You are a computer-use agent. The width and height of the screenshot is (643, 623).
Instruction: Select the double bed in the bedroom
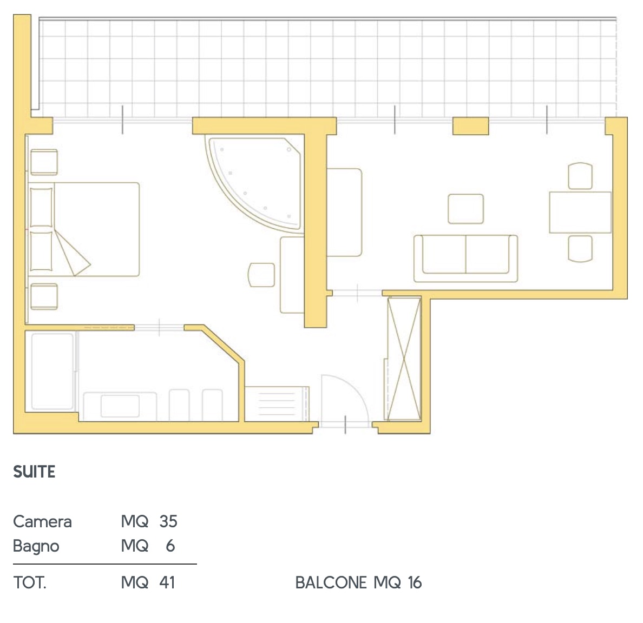pyautogui.click(x=84, y=229)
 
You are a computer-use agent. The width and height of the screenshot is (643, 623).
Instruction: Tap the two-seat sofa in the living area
pyautogui.click(x=465, y=258)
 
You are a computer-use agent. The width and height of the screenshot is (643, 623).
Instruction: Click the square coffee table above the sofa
pyautogui.click(x=465, y=209)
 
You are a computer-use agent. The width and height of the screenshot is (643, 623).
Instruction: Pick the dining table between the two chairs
pyautogui.click(x=580, y=213)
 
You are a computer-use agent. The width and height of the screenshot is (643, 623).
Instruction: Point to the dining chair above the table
pyautogui.click(x=580, y=176)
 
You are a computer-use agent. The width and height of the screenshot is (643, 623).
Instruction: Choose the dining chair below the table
pyautogui.click(x=580, y=248)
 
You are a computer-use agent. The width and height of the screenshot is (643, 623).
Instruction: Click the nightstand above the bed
pyautogui.click(x=44, y=162)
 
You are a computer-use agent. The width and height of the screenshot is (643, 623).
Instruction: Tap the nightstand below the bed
pyautogui.click(x=44, y=296)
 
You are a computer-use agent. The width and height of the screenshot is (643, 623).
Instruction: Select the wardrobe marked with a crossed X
pyautogui.click(x=404, y=359)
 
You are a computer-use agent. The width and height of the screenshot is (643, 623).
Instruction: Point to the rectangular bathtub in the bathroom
pyautogui.click(x=53, y=372)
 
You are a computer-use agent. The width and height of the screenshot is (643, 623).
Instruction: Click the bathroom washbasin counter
pyautogui.click(x=120, y=406)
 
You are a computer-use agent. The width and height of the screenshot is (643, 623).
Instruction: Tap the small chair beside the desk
pyautogui.click(x=261, y=275)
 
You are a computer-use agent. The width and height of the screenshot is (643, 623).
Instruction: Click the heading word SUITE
pyautogui.click(x=34, y=472)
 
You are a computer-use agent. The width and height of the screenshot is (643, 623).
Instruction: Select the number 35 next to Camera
pyautogui.click(x=168, y=521)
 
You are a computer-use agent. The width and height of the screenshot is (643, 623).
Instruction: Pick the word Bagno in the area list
pyautogui.click(x=36, y=546)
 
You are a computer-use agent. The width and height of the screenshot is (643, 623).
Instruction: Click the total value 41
pyautogui.click(x=167, y=582)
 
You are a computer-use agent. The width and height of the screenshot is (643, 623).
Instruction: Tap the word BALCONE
pyautogui.click(x=331, y=583)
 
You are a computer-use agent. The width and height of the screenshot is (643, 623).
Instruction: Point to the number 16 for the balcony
pyautogui.click(x=415, y=583)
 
